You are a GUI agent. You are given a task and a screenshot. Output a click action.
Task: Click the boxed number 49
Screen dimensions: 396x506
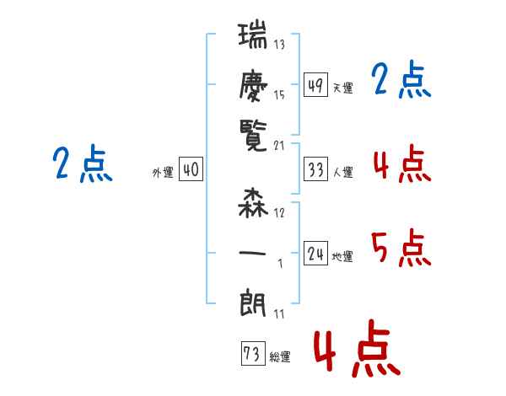(315, 85)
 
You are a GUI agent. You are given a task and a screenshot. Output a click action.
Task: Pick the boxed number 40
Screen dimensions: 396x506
(191, 170)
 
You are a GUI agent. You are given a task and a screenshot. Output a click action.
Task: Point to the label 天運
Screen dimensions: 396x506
(342, 88)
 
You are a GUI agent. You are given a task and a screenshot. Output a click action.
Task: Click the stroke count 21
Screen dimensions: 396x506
(280, 146)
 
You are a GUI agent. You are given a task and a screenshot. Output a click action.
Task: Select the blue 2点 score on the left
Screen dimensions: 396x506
(82, 164)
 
